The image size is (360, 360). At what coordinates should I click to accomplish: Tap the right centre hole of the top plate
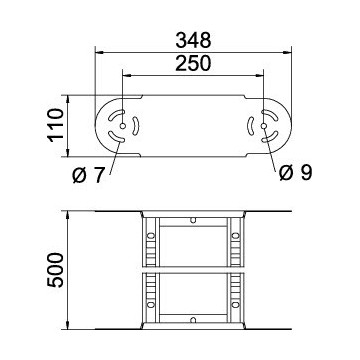[x=265, y=127]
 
